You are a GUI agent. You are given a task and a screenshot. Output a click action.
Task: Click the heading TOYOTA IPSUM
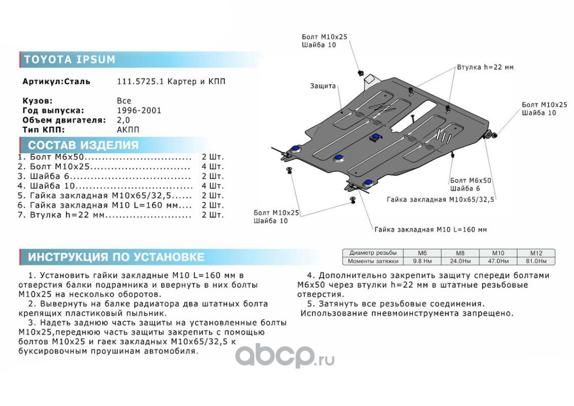[69, 59]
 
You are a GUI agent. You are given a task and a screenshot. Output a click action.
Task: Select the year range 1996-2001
[139, 110]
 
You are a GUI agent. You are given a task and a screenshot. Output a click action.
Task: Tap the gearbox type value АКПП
[128, 129]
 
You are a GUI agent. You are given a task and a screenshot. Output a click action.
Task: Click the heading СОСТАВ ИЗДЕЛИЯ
[83, 145]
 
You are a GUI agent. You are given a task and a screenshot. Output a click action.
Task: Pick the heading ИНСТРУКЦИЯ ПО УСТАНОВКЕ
[116, 257]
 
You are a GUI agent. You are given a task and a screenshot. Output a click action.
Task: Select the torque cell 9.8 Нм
[422, 261]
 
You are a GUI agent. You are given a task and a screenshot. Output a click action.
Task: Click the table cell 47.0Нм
[498, 261]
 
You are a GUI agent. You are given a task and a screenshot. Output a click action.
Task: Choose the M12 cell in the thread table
[536, 253]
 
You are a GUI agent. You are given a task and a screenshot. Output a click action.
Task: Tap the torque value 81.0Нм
[536, 261]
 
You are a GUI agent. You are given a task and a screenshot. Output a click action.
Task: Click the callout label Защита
[323, 86]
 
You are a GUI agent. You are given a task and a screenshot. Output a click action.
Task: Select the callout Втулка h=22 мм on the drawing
[485, 67]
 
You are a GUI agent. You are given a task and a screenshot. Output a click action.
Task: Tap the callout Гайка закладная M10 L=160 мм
[431, 229]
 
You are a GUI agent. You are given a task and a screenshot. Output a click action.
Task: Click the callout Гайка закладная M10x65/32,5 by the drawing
[440, 199]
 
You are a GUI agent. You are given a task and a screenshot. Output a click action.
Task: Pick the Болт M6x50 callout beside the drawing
[471, 180]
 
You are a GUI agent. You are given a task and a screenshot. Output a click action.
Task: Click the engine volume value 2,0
[123, 120]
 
